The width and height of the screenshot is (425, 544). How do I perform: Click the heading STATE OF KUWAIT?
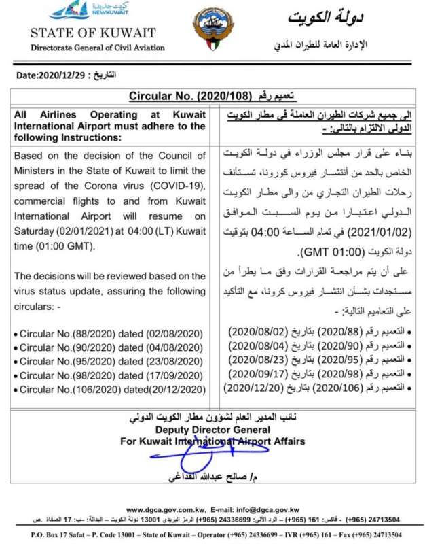point(93,33)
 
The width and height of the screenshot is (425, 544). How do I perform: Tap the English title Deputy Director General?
point(212,430)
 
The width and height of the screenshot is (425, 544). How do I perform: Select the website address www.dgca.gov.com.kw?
point(165,509)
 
